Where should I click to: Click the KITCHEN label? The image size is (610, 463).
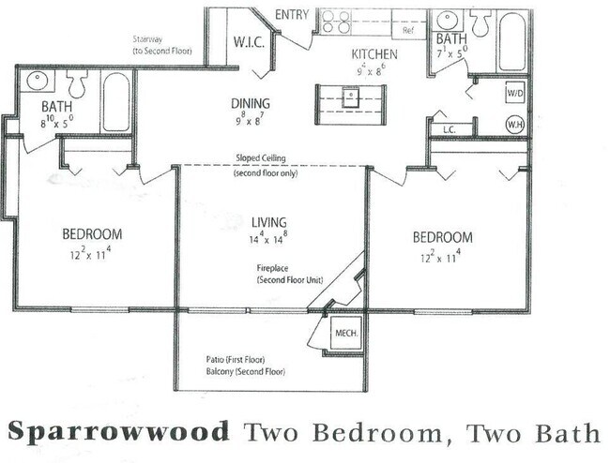click(374, 54)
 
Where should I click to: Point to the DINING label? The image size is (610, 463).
click(251, 103)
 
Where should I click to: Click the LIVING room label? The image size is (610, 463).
click(270, 221)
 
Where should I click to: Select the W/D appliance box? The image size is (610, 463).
click(515, 94)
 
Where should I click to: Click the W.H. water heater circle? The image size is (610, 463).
click(515, 123)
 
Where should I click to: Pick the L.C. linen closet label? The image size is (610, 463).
click(449, 128)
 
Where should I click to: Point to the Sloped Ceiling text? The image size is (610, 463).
click(272, 159)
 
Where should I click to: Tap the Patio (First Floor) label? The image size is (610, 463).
click(242, 359)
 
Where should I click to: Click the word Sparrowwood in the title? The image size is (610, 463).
click(119, 432)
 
